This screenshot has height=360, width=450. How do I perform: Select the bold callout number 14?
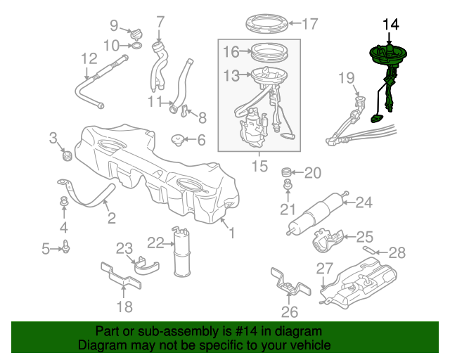coord(391,25)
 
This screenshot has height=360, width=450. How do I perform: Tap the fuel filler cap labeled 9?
coord(136,33)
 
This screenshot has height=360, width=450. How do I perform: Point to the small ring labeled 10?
coord(136,46)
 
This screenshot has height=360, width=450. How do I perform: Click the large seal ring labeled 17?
coord(267,23)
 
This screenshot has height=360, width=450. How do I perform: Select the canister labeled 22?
coord(182,252)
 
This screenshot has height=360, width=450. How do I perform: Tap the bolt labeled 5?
coord(65,247)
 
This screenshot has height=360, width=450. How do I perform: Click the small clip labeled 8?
coord(185,111)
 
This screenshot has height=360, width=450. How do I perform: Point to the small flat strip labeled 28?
coord(369,250)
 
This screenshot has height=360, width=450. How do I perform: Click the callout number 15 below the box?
coord(259,166)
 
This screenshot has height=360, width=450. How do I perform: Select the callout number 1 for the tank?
coord(232,233)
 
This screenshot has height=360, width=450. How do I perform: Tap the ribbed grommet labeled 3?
coord(67,155)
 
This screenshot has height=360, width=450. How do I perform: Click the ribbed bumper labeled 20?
coord(286,172)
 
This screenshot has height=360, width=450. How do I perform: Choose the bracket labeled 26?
coord(290,282)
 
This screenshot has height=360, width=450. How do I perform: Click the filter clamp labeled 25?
coord(327,240)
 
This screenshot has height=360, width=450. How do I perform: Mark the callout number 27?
coord(325,269)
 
